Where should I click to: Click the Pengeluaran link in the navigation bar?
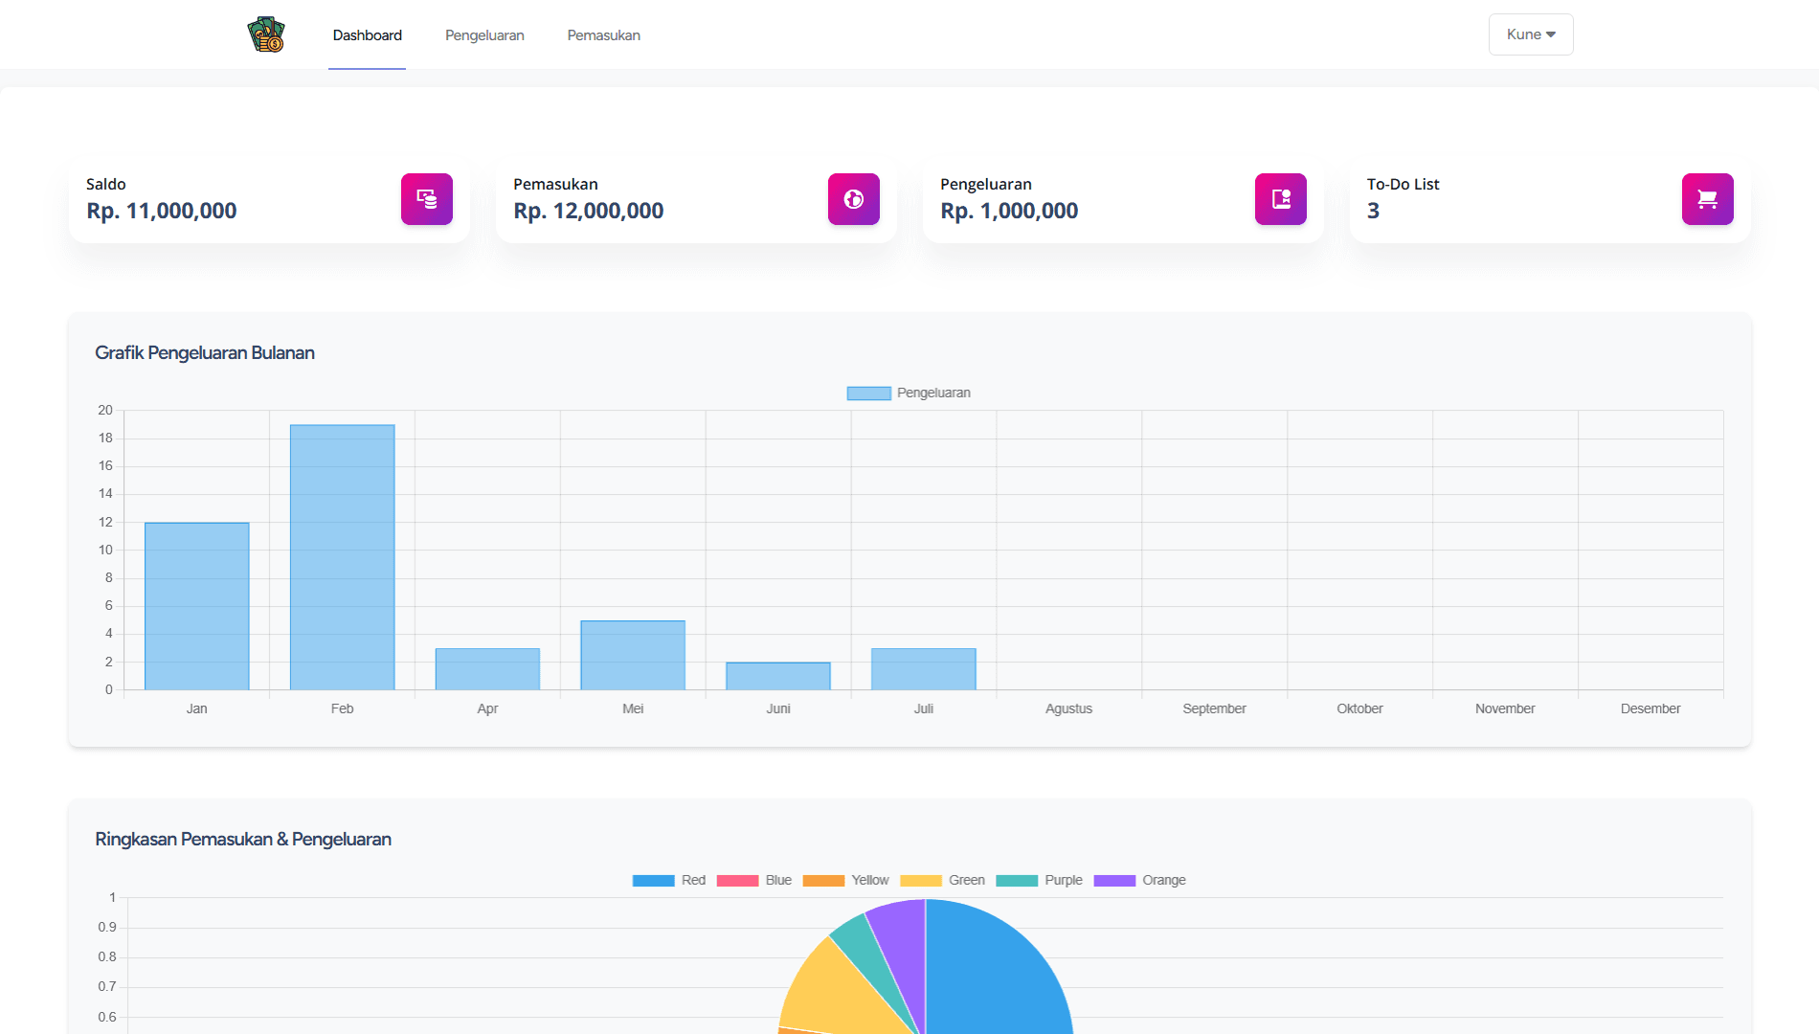tap(484, 35)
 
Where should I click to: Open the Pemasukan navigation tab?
tap(603, 35)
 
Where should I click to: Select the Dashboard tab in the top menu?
tap(367, 35)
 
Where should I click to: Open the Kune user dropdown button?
tap(1530, 34)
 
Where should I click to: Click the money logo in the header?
tap(266, 35)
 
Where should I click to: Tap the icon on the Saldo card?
tap(426, 199)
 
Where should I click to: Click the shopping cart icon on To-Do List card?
tap(1707, 199)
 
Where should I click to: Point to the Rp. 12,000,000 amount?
tap(588, 211)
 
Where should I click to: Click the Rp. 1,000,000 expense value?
tap(1009, 211)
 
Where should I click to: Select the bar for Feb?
tap(342, 557)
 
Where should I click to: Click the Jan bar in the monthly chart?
tap(196, 606)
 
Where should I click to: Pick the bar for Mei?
tap(633, 655)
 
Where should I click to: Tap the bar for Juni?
tap(778, 676)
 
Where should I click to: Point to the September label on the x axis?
tap(1214, 708)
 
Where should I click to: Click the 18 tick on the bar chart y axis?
tap(105, 438)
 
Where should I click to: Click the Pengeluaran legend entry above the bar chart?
tap(909, 393)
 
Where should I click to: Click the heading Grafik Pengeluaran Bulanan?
tap(205, 352)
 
